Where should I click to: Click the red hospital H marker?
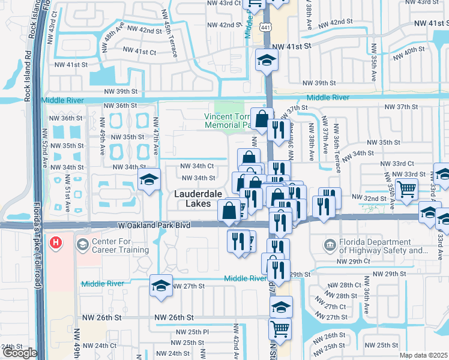56,243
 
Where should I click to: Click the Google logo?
19,353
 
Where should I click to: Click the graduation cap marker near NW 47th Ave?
149,179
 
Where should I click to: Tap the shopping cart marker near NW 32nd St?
407,190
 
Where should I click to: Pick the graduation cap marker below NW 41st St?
266,59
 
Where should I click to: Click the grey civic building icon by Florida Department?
330,244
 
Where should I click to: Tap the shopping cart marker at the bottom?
280,328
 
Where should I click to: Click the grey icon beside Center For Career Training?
82,245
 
